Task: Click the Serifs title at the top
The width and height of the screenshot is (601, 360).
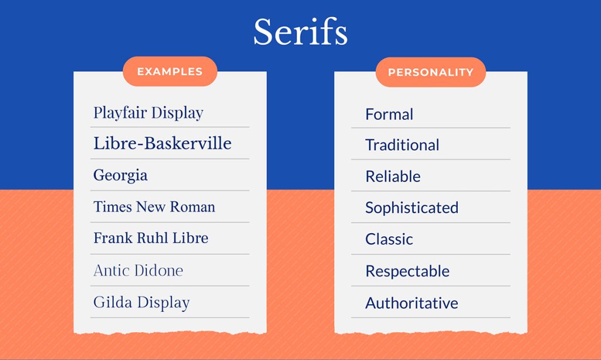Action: (x=300, y=32)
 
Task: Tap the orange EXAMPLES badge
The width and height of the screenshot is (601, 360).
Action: (x=170, y=72)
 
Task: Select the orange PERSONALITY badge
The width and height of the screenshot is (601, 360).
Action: (x=430, y=72)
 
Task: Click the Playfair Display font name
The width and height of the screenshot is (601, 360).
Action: (x=148, y=113)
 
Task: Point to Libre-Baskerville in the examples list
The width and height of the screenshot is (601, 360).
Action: (x=162, y=143)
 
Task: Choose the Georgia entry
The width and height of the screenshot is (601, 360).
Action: (x=120, y=176)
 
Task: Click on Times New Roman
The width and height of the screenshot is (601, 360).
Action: (x=154, y=207)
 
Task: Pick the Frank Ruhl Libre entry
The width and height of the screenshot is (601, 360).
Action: (x=150, y=238)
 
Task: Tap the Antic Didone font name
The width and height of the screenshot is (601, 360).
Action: (x=138, y=270)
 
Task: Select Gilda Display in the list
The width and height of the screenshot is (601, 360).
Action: (x=141, y=302)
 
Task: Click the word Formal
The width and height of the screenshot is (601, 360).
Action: (x=389, y=114)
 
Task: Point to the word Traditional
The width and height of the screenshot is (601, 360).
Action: (x=402, y=145)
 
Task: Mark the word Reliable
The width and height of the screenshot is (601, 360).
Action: (x=393, y=176)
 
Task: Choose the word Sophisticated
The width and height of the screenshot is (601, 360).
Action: (x=411, y=207)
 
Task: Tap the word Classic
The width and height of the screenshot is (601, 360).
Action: (x=389, y=239)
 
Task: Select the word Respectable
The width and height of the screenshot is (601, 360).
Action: (x=407, y=271)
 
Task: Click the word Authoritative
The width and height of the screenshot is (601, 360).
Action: (x=411, y=303)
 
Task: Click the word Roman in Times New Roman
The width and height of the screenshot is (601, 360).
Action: (x=193, y=207)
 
